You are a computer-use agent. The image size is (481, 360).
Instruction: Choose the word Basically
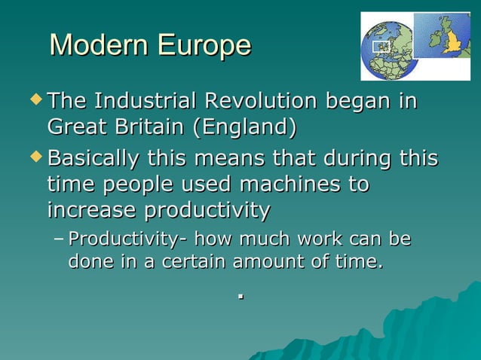[93, 159]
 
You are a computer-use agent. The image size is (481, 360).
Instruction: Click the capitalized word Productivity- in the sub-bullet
[127, 240]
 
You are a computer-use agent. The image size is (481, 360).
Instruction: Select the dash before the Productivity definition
[60, 241]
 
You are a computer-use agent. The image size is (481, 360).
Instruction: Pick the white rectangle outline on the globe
[382, 47]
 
